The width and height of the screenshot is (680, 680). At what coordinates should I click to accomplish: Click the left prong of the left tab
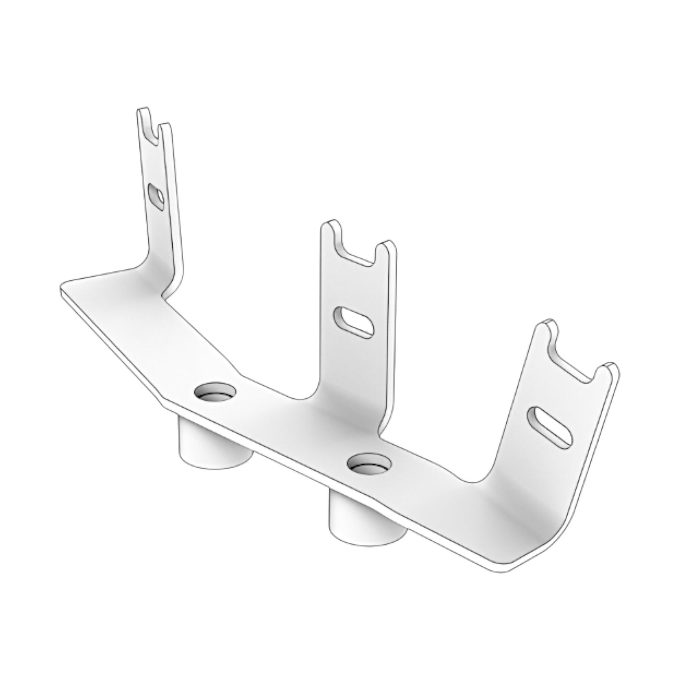click(x=143, y=118)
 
